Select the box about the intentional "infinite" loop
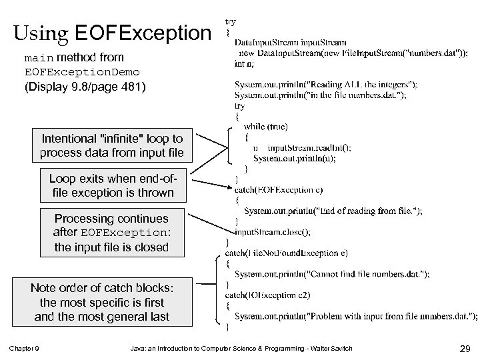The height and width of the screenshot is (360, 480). click(x=112, y=145)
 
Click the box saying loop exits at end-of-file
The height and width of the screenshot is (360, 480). click(x=112, y=186)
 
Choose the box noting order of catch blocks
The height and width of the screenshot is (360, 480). click(x=102, y=302)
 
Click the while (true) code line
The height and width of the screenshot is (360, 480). click(x=265, y=127)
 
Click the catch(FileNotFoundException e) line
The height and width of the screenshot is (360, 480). click(x=287, y=253)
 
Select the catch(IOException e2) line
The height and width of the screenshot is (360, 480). click(x=267, y=295)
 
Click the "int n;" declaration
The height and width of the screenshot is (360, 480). click(x=244, y=64)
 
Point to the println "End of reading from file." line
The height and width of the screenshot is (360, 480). click(x=333, y=211)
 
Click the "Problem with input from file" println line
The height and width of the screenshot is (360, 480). click(x=355, y=315)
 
